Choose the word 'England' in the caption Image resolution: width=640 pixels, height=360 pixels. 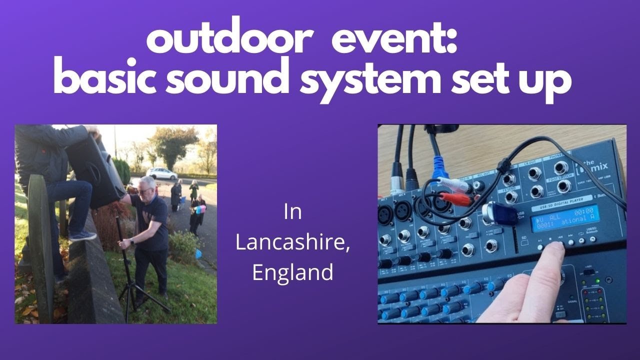[x=293, y=272]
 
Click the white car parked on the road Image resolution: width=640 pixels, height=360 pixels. [x=161, y=173]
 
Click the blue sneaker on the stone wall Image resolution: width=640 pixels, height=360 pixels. [x=82, y=235]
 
